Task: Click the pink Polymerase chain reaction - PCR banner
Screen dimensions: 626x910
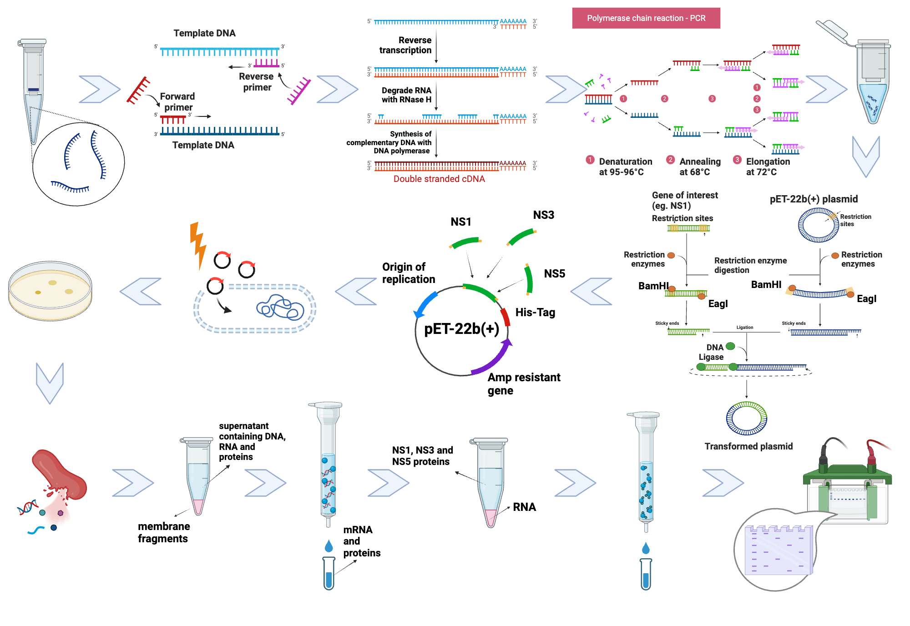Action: [646, 18]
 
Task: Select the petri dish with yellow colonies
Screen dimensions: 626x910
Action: [50, 290]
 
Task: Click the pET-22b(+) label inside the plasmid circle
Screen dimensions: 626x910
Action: [461, 328]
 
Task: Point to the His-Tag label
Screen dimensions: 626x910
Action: [535, 313]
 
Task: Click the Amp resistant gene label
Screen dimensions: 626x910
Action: [523, 384]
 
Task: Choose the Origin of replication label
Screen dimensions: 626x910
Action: [408, 273]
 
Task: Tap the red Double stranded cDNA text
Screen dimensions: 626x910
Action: [439, 179]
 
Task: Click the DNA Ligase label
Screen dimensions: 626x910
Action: [712, 352]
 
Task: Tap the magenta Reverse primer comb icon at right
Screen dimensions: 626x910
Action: [299, 91]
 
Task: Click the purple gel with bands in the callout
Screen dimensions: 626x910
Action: [778, 551]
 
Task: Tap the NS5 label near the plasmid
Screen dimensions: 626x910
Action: [554, 273]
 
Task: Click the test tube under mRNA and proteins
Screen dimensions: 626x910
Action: [329, 573]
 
